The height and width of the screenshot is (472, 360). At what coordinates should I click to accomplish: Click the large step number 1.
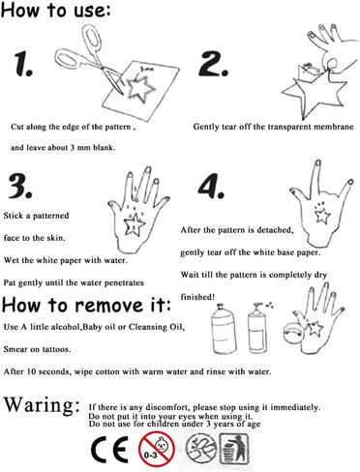pyautogui.click(x=23, y=65)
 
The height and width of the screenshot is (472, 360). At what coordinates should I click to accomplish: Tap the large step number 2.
pyautogui.click(x=214, y=64)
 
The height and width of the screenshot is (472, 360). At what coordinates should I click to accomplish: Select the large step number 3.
pyautogui.click(x=20, y=186)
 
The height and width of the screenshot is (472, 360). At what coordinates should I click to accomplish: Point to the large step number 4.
pyautogui.click(x=211, y=186)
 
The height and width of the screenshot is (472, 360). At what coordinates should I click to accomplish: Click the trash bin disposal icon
pyautogui.click(x=234, y=449)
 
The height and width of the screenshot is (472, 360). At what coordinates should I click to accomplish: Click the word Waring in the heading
pyautogui.click(x=42, y=405)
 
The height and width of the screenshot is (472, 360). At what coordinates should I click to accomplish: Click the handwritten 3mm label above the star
pyautogui.click(x=147, y=69)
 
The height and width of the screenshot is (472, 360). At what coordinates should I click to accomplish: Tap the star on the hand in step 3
pyautogui.click(x=135, y=224)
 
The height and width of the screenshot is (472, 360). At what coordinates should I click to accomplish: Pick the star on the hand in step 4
pyautogui.click(x=322, y=215)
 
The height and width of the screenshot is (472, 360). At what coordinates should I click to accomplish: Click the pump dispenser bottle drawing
pyautogui.click(x=257, y=328)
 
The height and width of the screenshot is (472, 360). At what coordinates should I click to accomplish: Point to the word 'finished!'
pyautogui.click(x=197, y=297)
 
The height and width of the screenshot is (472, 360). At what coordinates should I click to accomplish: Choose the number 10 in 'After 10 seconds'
pyautogui.click(x=31, y=371)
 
